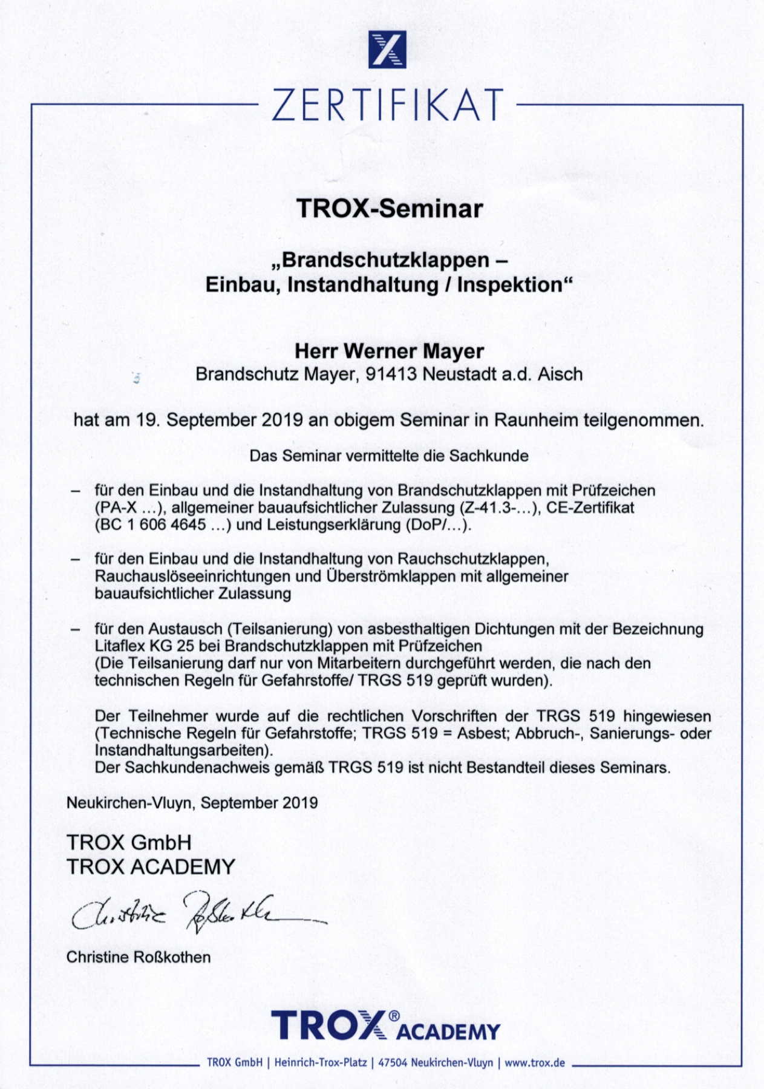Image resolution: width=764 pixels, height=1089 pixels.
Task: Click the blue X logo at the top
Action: (x=387, y=50)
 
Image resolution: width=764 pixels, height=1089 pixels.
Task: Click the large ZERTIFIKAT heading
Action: (x=387, y=105)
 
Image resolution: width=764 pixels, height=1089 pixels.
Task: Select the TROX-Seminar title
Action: (x=390, y=209)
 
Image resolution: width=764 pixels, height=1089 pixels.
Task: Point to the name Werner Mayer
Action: (x=414, y=351)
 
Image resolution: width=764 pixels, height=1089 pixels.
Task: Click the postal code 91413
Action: (x=391, y=374)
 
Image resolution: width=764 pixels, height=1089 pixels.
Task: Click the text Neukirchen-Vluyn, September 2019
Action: (x=192, y=803)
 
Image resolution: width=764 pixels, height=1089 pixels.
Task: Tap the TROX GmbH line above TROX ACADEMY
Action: (x=129, y=842)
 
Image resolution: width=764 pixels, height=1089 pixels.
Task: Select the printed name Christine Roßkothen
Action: (x=139, y=957)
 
